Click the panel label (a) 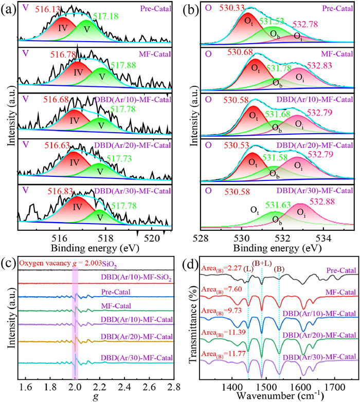(x=8, y=8)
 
